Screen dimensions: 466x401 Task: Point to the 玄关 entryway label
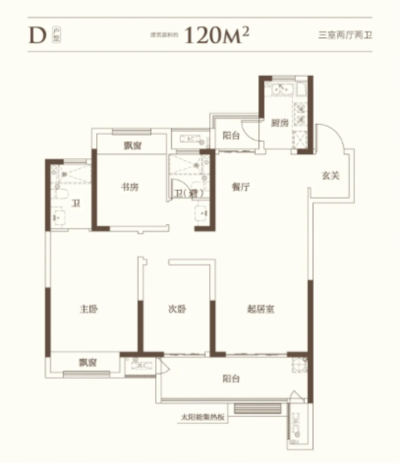point(331,175)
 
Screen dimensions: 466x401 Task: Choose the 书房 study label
point(130,187)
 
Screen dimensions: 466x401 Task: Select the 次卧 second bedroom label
point(177,310)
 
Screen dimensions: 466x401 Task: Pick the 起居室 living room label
point(260,310)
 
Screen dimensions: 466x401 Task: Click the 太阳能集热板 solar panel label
point(203,417)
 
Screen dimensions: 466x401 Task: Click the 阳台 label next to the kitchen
point(231,136)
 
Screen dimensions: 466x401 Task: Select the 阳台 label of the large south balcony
point(231,379)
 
